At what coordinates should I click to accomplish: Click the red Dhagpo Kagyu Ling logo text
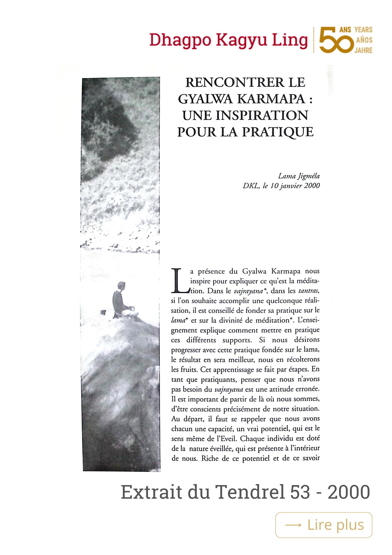[228, 41]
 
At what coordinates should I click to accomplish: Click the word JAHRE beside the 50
[363, 51]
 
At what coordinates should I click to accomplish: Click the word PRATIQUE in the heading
[278, 132]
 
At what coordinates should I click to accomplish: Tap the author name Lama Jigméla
[299, 176]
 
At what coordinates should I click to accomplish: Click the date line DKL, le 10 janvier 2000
[281, 186]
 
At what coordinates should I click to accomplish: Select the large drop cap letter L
[179, 281]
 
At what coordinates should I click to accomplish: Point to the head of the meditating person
[121, 286]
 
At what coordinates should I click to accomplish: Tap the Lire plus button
[324, 525]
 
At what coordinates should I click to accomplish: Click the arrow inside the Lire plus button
[293, 525]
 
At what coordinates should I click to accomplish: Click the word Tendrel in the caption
[250, 492]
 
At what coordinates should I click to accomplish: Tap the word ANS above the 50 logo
[345, 30]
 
